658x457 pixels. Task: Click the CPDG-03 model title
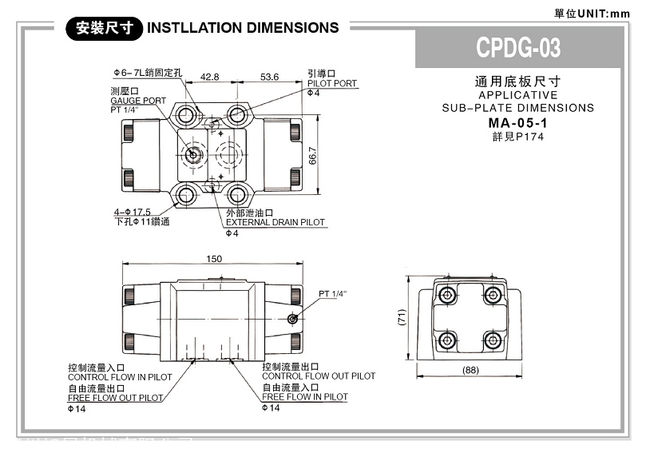(x=518, y=48)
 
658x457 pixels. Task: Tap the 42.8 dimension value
(x=210, y=77)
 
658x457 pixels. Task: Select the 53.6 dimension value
(x=269, y=77)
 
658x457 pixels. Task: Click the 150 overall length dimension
(x=214, y=258)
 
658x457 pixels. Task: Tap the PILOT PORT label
(x=332, y=83)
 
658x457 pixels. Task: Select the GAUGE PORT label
(x=138, y=101)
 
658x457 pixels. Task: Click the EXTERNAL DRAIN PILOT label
(x=275, y=222)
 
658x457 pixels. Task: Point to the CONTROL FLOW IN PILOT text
(x=120, y=377)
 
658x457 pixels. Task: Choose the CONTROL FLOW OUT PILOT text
(x=319, y=376)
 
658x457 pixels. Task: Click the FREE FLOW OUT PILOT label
(x=115, y=398)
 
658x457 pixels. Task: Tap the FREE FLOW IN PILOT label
(x=305, y=397)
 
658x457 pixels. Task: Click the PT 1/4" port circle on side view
(x=293, y=320)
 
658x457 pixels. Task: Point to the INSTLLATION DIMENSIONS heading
(x=244, y=28)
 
